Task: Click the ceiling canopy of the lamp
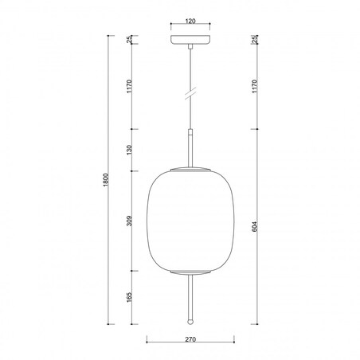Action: [x=189, y=39]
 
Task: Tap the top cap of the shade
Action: [x=189, y=169]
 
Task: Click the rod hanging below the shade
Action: [x=189, y=299]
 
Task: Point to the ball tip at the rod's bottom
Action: [x=189, y=323]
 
